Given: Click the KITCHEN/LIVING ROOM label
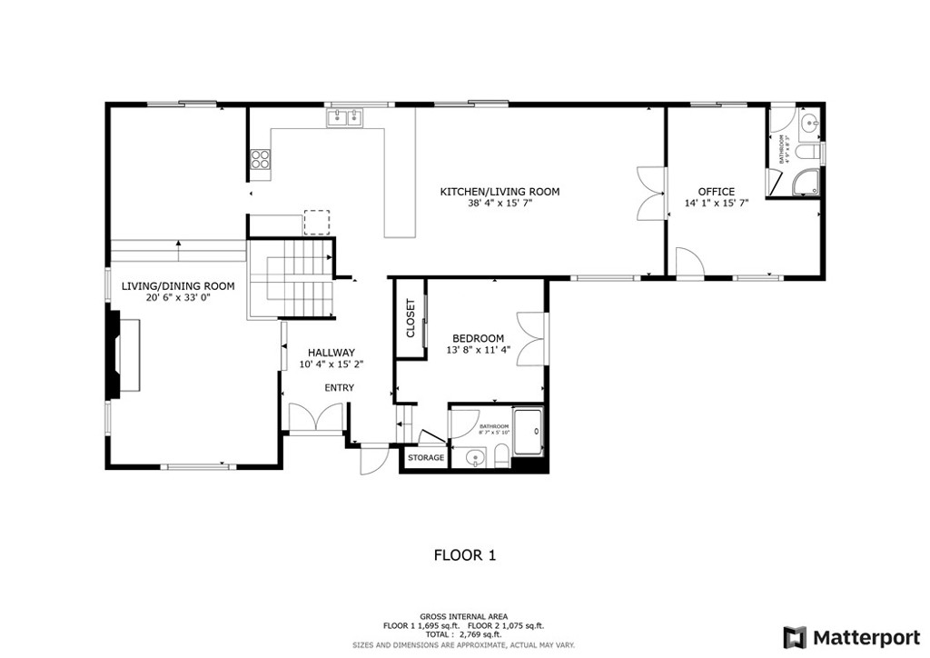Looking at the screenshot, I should (500, 192).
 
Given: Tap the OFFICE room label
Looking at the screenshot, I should (716, 192).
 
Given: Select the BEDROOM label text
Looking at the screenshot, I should (478, 338).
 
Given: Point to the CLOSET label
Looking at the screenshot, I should (410, 318).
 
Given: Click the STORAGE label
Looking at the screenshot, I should (426, 458).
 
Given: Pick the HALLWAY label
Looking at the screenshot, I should (331, 353).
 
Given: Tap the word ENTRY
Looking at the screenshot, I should (340, 388).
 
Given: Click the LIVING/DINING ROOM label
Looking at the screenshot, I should (178, 286).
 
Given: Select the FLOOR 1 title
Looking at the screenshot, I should (464, 554).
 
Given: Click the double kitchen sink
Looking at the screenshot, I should (344, 116).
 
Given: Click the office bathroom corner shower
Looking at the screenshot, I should (806, 183).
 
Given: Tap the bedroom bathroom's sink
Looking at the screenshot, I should (471, 459).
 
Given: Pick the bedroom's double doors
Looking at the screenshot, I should (532, 338).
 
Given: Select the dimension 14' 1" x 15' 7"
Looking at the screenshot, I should (716, 204).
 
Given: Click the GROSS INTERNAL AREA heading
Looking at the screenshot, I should (464, 616).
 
